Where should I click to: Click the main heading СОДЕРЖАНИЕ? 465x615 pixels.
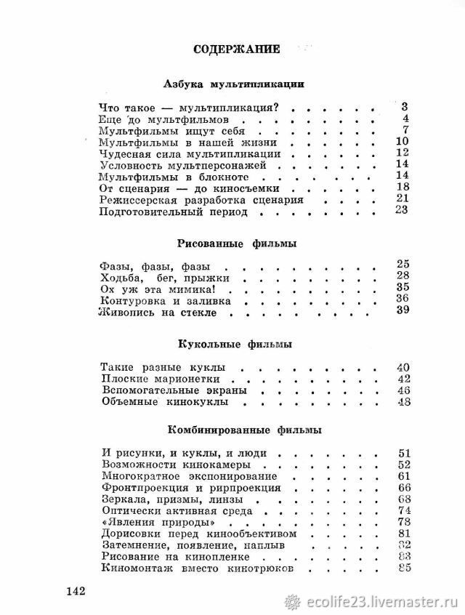[x=236, y=50]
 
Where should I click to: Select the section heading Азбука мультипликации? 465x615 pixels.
[x=234, y=84]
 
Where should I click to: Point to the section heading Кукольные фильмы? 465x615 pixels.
[x=234, y=343]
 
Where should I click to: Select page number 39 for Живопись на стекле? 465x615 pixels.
[x=404, y=311]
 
